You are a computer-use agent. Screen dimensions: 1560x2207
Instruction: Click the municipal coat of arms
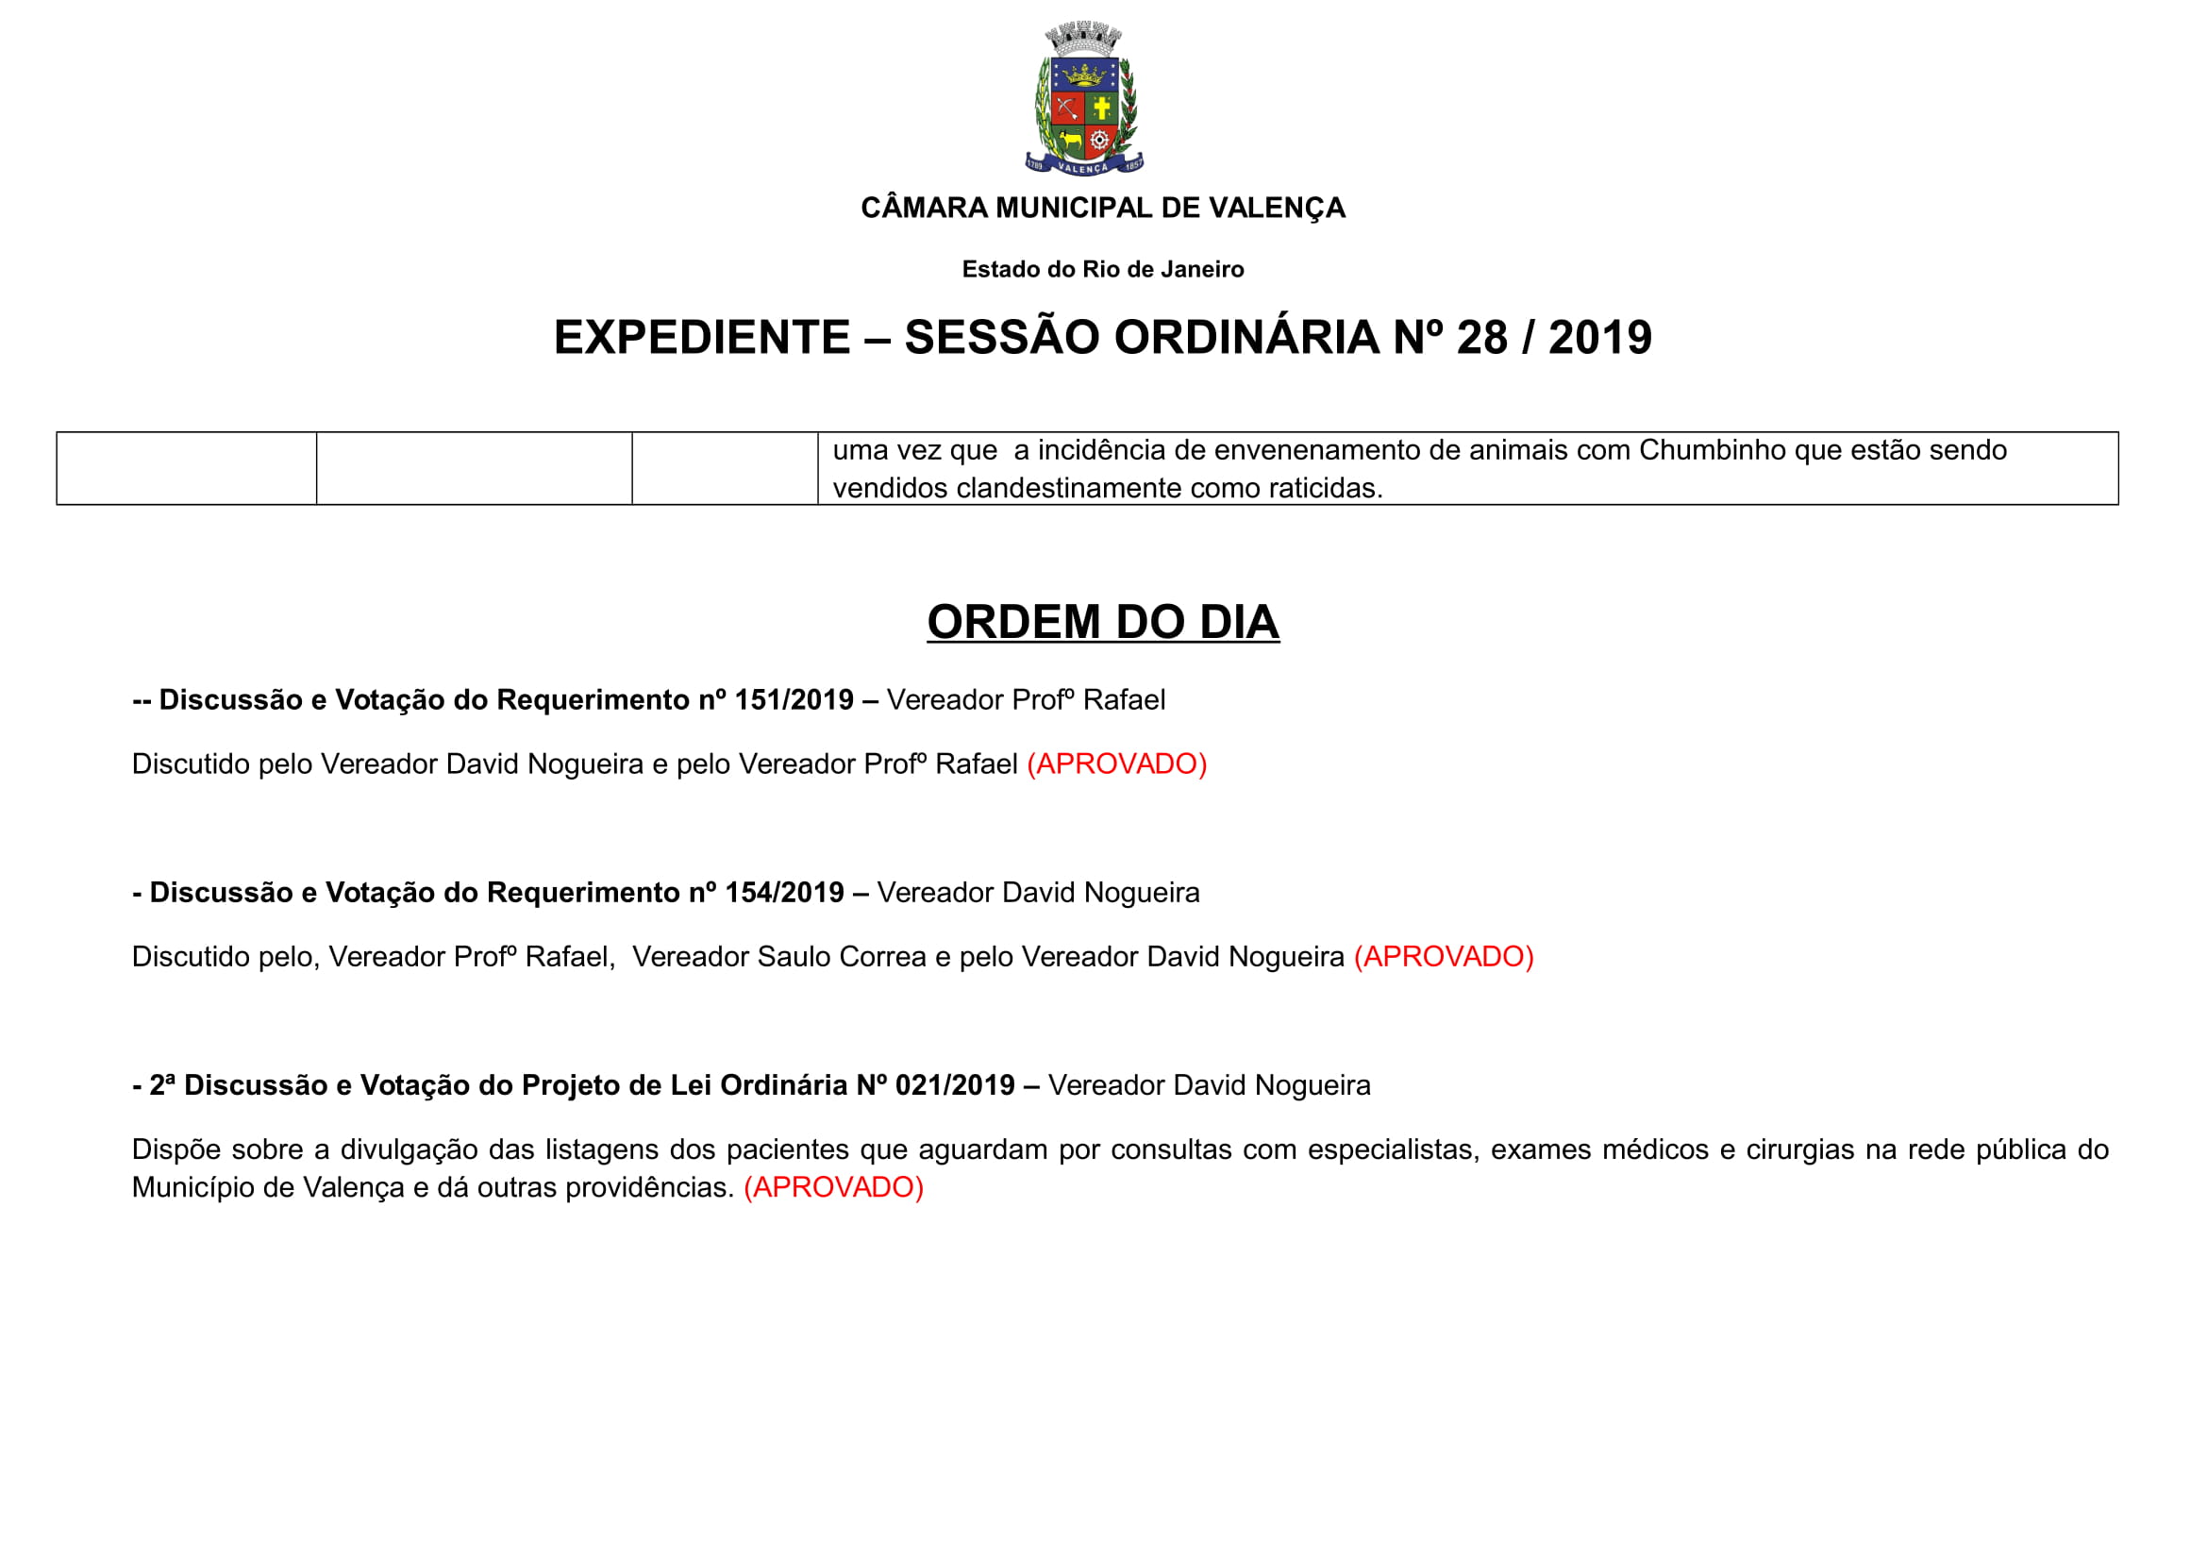[1083, 100]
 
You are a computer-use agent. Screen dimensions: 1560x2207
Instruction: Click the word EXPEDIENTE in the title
[702, 337]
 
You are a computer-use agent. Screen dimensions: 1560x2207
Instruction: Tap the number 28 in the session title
[1481, 337]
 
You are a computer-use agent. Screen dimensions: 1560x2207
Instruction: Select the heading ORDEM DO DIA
[1102, 622]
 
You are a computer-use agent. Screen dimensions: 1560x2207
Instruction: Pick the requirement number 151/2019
[793, 699]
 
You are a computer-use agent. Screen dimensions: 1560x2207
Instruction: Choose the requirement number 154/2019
[783, 893]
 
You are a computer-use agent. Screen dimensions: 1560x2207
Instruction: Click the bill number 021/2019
[955, 1085]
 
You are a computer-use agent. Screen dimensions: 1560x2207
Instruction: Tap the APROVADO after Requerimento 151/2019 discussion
[1116, 764]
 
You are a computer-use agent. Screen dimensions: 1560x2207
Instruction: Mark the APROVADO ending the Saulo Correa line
[1443, 957]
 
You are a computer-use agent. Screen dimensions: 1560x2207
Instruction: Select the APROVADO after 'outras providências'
[833, 1188]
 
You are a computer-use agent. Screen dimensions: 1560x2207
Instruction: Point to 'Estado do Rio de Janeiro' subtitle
[1102, 270]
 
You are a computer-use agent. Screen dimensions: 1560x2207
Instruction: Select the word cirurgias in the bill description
[1799, 1150]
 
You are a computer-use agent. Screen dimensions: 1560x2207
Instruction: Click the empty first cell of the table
[187, 468]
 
